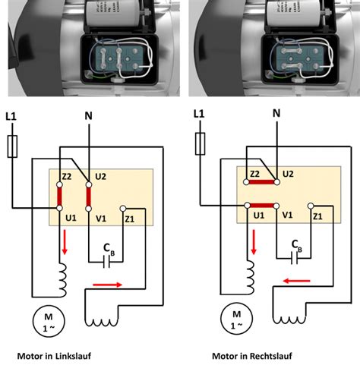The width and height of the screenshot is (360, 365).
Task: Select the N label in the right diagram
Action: point(276,115)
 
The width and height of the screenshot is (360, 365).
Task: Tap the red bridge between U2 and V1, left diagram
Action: point(89,196)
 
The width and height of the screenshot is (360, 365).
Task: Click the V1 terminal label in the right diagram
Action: point(288,216)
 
